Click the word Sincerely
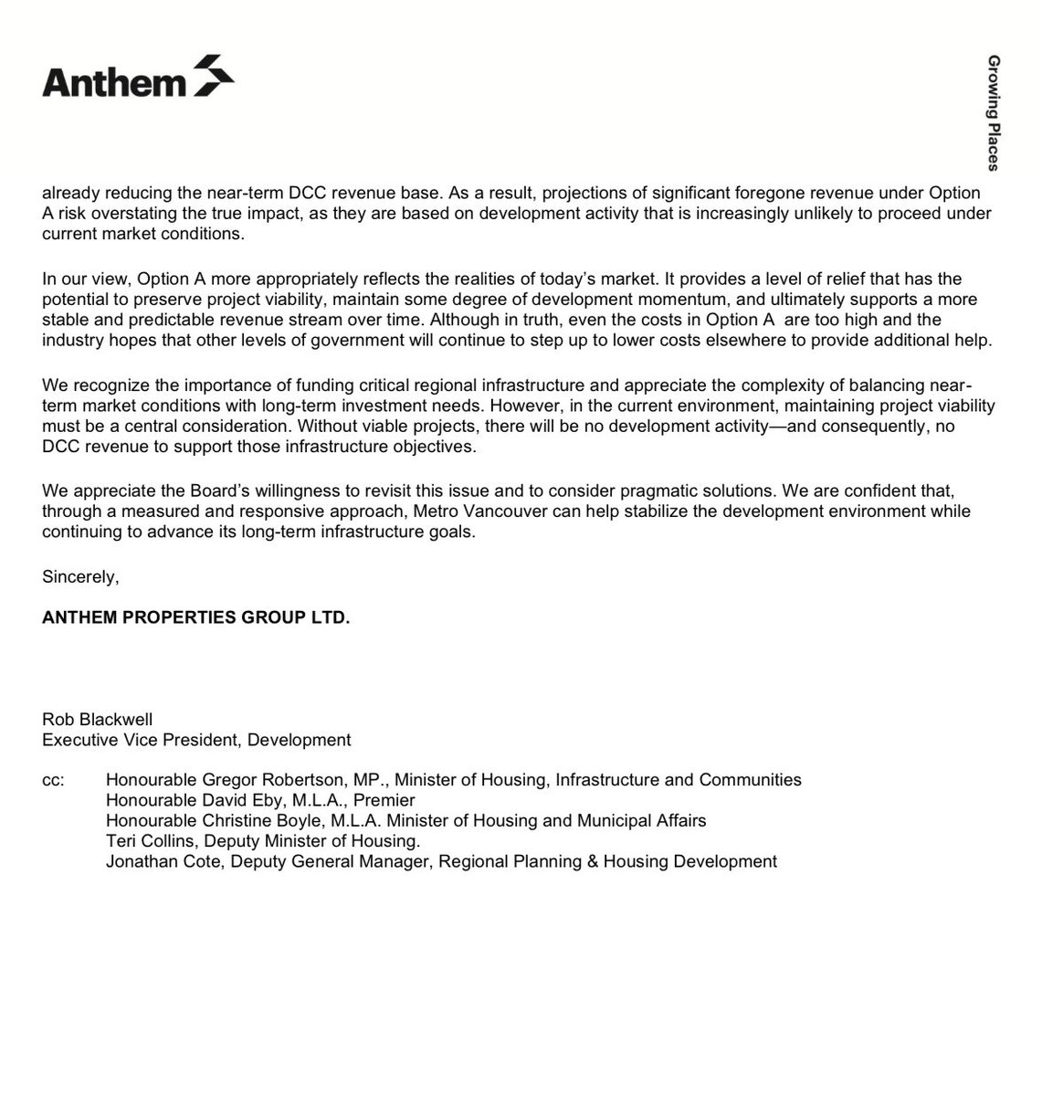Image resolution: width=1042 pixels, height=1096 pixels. [80, 578]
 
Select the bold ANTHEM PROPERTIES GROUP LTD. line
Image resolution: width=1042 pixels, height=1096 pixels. [195, 618]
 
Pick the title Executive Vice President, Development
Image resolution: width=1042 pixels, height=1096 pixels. [196, 740]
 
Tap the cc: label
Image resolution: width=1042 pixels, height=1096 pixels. [54, 780]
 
